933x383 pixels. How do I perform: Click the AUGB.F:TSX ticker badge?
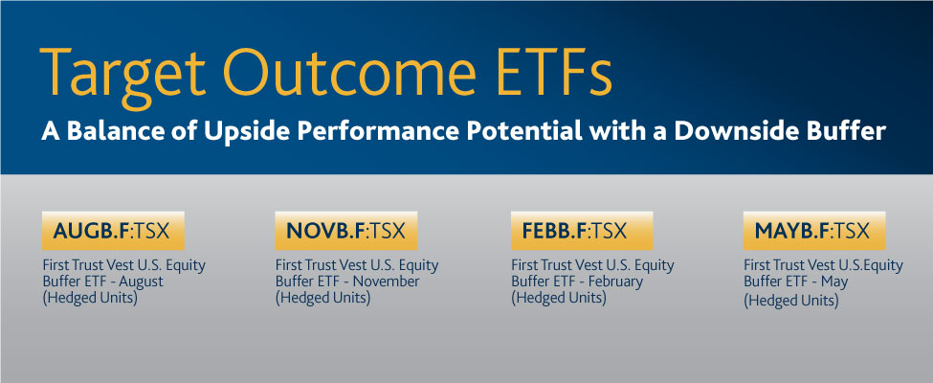113,231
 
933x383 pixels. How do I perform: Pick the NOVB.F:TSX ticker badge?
345,231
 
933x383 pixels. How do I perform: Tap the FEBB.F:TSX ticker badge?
582,231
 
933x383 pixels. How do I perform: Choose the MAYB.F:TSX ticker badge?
814,231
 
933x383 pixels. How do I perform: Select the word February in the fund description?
614,282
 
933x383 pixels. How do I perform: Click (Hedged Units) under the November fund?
322,297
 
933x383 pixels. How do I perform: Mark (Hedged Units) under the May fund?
791,301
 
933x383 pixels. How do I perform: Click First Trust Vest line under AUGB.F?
123,265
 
